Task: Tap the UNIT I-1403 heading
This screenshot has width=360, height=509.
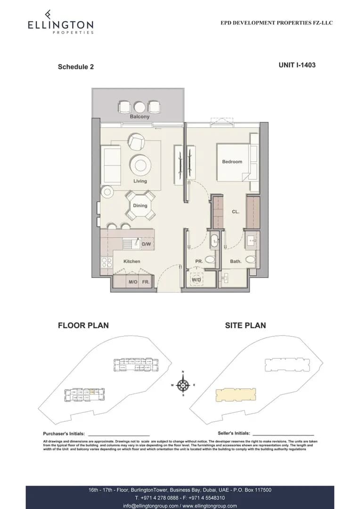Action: (297, 65)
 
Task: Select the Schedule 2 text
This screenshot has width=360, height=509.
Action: (75, 67)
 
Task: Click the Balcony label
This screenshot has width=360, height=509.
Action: (139, 116)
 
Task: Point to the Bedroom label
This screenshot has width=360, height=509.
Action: (232, 162)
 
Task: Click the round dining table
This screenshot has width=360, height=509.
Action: (140, 206)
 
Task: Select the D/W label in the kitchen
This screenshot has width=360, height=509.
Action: (146, 245)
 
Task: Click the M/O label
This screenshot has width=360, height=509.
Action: (133, 282)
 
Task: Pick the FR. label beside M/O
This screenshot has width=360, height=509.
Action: (146, 282)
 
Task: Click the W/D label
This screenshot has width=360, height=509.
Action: (196, 280)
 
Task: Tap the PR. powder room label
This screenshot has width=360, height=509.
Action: (199, 261)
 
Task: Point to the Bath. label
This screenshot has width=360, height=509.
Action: (236, 261)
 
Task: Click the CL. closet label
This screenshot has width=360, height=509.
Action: (236, 212)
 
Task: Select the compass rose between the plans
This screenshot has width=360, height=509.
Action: (183, 385)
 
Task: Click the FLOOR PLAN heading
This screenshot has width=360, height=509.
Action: (83, 325)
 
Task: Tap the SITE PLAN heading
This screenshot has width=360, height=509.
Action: (245, 325)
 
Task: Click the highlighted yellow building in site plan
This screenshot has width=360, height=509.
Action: (236, 394)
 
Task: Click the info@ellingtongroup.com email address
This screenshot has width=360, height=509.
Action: (151, 506)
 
